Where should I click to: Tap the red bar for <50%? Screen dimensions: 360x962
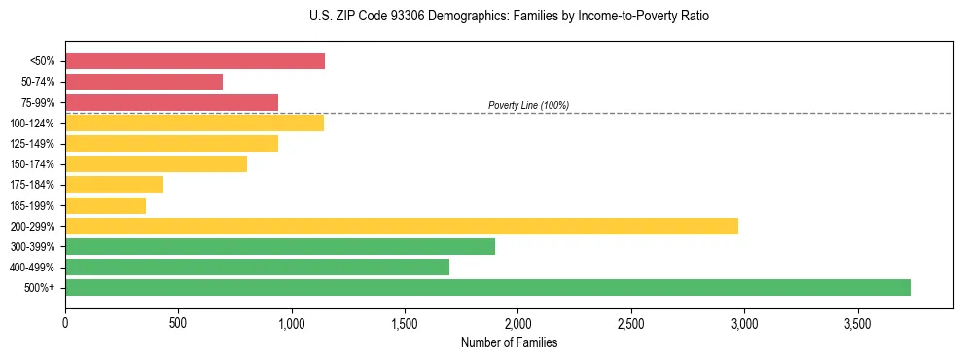[195, 61]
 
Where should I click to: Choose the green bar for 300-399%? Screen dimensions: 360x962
[280, 246]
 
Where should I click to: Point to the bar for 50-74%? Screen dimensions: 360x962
[144, 82]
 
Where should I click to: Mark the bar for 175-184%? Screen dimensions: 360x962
[114, 185]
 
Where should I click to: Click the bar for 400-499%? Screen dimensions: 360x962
[257, 267]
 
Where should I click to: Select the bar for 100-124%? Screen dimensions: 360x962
[195, 123]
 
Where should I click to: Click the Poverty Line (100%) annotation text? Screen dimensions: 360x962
[528, 105]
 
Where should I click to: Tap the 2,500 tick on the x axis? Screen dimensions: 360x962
[631, 322]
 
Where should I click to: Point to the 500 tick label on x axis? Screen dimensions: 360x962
[178, 322]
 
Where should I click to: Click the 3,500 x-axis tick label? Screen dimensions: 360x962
[857, 322]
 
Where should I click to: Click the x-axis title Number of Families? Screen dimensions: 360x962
[509, 342]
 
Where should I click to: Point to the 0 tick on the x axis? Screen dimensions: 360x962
[65, 322]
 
